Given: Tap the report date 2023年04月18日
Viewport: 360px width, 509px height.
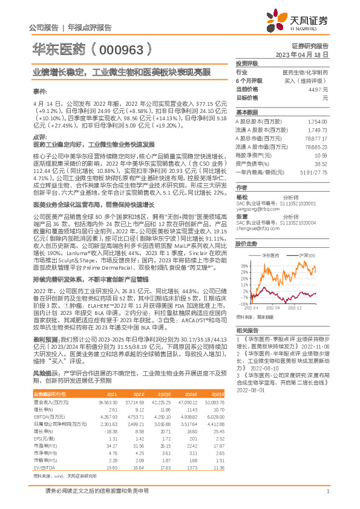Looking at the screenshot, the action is (x=304, y=54).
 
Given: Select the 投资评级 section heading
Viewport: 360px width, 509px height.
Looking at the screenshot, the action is (x=247, y=63).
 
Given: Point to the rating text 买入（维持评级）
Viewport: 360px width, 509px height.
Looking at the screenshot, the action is (x=308, y=80).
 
